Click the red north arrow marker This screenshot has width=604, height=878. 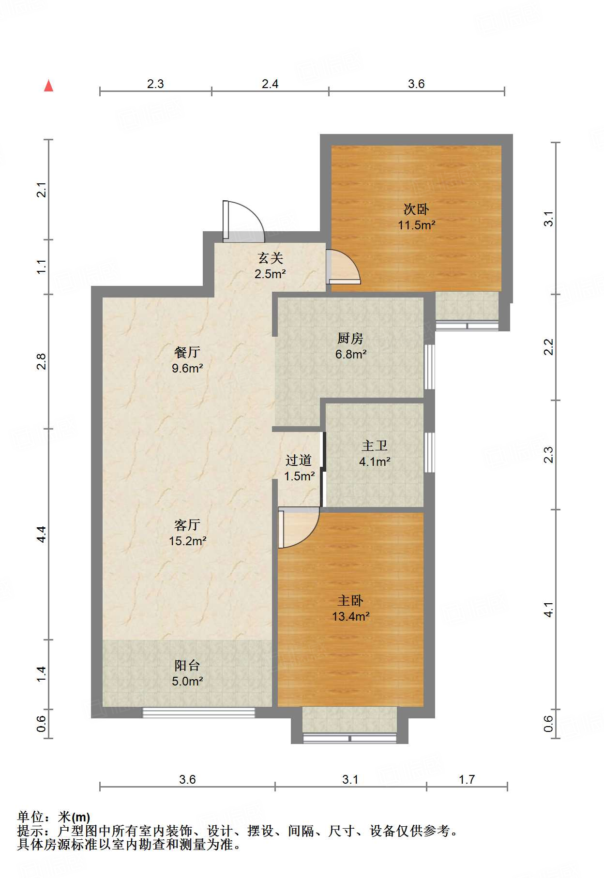[x=48, y=86]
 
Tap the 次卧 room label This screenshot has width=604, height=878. [x=416, y=209]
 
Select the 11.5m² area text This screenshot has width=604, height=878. [x=416, y=225]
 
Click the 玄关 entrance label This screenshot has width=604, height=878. [x=270, y=258]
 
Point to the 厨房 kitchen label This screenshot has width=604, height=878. [x=350, y=339]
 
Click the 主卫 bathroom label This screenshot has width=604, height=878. [x=375, y=446]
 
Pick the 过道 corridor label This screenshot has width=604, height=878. [x=299, y=461]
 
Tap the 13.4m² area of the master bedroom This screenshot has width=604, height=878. [x=350, y=617]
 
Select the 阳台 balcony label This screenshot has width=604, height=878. [x=187, y=666]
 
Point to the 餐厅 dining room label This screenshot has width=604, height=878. [x=187, y=352]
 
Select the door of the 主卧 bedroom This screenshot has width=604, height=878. [x=299, y=527]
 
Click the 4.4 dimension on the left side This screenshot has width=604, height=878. [x=42, y=534]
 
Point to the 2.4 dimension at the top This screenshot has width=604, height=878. [x=270, y=84]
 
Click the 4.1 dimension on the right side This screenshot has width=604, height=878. [x=548, y=610]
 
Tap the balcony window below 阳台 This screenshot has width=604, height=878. [x=198, y=712]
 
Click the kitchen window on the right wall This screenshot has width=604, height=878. [x=429, y=367]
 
